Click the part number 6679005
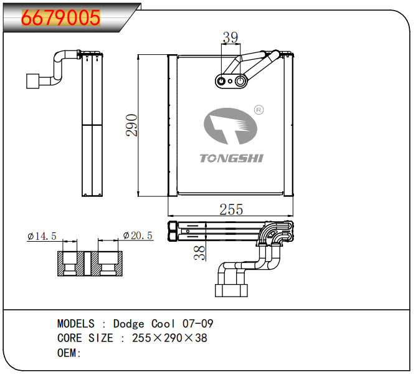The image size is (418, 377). [61, 17]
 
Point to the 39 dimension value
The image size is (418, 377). [230, 38]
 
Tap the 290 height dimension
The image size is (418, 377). [131, 125]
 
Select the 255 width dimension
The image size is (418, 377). [231, 209]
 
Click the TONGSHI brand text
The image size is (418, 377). [232, 158]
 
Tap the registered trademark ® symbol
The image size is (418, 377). [259, 110]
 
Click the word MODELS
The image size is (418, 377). [76, 324]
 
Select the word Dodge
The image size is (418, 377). [128, 324]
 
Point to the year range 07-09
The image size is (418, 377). [197, 324]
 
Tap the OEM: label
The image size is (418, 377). [69, 353]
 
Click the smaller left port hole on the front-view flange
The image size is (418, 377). [222, 80]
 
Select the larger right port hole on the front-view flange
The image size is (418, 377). [240, 80]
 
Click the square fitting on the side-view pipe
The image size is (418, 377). [32, 81]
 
